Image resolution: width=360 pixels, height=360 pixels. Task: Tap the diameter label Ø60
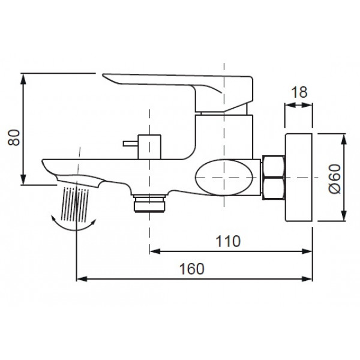335,179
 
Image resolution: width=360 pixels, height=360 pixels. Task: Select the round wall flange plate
298,178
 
